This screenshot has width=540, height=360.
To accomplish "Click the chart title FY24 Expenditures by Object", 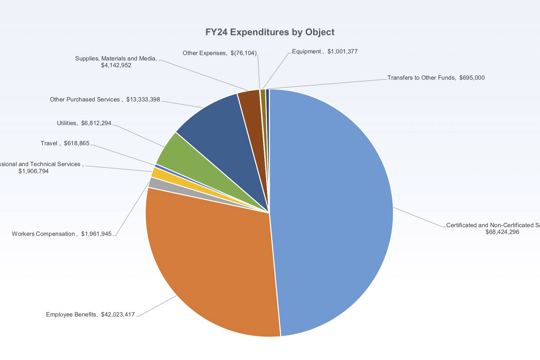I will (270, 32).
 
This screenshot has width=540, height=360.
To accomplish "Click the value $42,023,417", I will (118, 315).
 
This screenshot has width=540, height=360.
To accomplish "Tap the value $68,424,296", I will (502, 232).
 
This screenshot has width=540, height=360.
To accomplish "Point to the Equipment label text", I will (306, 52).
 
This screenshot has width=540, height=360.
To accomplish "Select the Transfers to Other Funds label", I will (421, 78).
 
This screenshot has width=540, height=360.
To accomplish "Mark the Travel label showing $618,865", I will (65, 143).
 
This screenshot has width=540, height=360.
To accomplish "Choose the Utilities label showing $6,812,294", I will (84, 123).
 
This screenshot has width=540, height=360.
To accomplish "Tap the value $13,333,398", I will (143, 100).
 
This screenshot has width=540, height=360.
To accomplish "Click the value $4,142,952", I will (116, 65).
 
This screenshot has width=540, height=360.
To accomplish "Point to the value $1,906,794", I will (34, 171).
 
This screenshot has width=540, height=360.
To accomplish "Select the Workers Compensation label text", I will (44, 234).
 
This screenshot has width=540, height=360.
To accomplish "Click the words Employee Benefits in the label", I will (71, 315).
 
